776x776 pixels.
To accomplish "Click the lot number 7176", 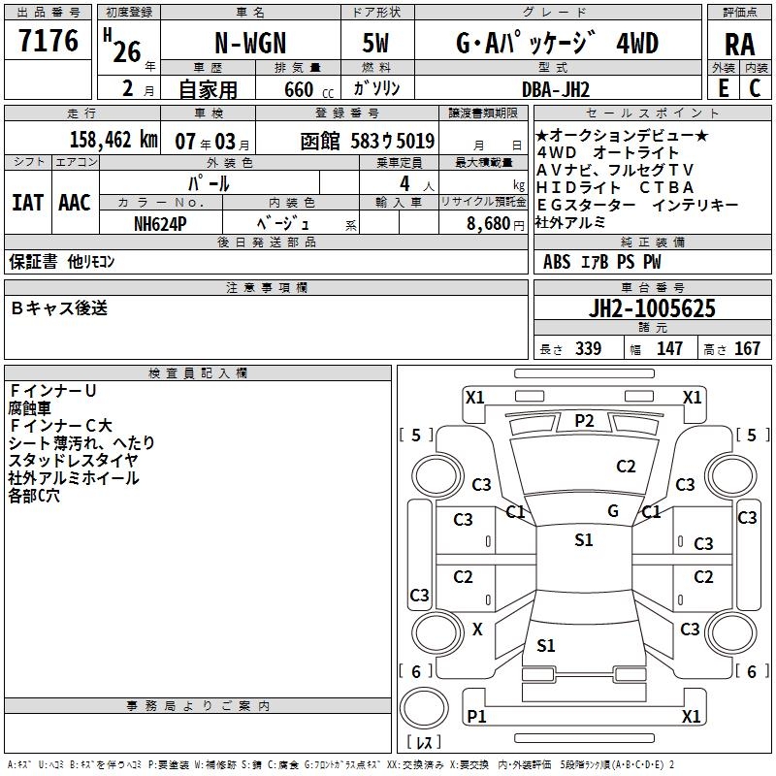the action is [x=48, y=42].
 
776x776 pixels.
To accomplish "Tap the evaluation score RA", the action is [x=739, y=44].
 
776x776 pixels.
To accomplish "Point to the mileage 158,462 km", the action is [x=113, y=140].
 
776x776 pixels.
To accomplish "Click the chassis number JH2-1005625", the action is [x=653, y=309].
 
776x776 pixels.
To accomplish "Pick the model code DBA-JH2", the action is [x=557, y=89].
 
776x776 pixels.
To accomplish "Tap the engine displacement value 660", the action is [x=299, y=90].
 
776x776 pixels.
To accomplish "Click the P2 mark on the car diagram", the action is [x=584, y=420].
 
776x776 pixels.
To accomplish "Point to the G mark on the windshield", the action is [x=612, y=510].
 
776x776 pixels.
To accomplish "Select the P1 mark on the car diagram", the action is [x=476, y=716].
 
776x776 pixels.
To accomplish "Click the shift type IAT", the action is [x=27, y=203].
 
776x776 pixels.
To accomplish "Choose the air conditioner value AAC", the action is [x=75, y=203].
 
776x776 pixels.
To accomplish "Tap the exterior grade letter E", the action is [x=723, y=89].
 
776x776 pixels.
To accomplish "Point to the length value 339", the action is [x=588, y=349].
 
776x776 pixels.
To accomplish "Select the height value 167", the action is [x=748, y=349].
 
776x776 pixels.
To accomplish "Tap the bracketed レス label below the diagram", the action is [x=425, y=743].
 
